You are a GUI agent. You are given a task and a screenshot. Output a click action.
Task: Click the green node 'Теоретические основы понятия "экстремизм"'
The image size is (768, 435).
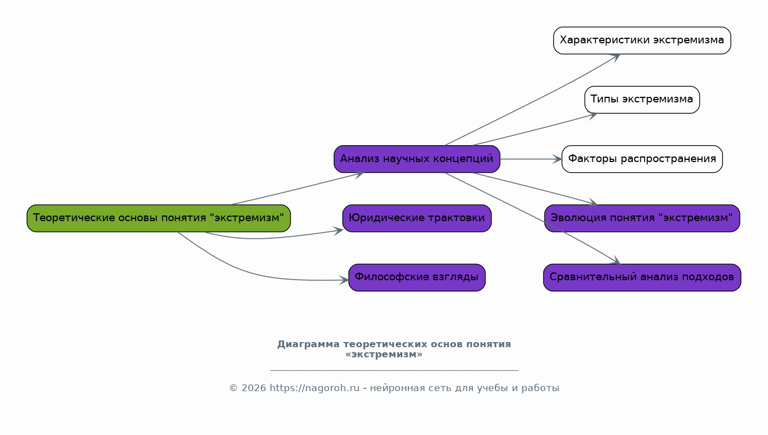158,218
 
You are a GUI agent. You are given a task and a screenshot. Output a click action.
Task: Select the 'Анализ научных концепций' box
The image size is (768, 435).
417,159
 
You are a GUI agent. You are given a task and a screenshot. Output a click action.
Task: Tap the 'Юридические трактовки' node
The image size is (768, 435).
417,218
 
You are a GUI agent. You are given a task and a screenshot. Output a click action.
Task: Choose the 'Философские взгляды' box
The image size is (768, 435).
417,277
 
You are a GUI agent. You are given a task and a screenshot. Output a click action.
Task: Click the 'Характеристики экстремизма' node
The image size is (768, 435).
642,41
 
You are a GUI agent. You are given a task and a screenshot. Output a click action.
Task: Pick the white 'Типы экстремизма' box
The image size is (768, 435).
642,100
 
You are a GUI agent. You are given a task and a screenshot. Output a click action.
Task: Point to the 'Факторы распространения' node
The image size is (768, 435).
642,159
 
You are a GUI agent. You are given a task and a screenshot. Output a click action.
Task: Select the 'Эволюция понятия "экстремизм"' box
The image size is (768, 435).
642,218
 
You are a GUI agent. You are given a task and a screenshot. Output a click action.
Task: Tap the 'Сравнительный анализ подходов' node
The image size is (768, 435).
642,277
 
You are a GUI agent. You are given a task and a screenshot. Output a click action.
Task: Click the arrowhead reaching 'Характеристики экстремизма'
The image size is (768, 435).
616,56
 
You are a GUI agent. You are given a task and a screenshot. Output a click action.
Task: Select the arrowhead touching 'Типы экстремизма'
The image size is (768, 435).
593,115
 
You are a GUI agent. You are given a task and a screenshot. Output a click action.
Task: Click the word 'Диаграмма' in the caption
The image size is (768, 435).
309,344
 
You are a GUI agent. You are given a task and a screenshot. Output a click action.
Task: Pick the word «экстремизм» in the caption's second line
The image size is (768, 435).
384,355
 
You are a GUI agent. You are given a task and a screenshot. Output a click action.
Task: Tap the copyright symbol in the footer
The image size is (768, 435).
233,388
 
